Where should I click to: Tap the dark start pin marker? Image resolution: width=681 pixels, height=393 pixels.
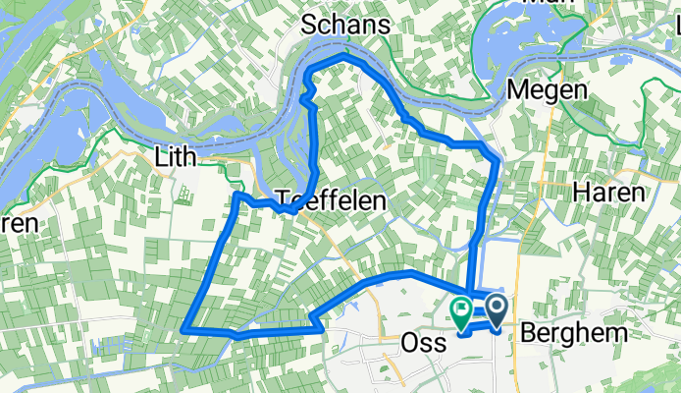click(497, 311)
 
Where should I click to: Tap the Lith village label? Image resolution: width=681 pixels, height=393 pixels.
click(176, 157)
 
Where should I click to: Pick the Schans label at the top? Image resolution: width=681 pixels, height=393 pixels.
click(345, 25)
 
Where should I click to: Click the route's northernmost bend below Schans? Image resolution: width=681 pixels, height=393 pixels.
click(339, 62)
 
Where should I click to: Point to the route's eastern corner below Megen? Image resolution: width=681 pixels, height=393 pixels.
click(498, 158)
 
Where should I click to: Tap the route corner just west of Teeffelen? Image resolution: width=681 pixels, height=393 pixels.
click(237, 196)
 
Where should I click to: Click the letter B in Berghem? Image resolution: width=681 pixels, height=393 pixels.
click(527, 333)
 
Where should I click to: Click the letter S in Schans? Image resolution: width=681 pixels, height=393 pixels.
click(309, 25)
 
